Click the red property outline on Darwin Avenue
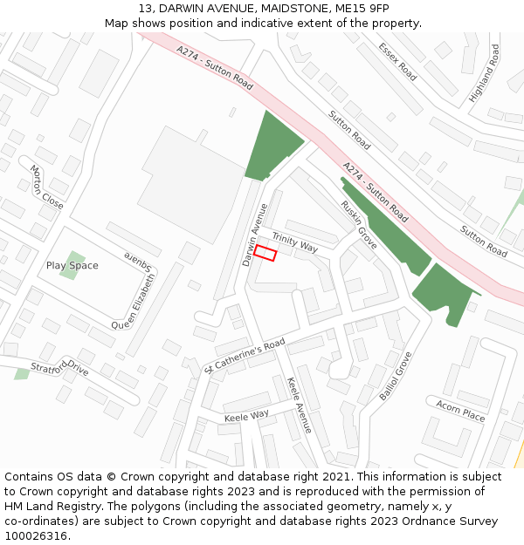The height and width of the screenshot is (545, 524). coord(265,254)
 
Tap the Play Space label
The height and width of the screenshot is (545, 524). coord(72,265)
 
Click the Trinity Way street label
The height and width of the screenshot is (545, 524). coord(294,242)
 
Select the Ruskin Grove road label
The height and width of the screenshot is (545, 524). coord(358,225)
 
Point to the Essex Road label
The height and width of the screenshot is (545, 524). coord(397,63)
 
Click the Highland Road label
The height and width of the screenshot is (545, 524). coord(485,73)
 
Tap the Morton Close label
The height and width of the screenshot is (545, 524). coord(46,187)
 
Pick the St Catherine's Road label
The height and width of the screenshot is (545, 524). coord(245,355)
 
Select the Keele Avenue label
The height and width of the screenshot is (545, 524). coord(299,405)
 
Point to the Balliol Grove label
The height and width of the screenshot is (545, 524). coord(395,376)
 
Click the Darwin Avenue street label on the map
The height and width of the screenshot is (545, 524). coord(255,235)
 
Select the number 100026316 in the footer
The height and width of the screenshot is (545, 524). coord(38,535)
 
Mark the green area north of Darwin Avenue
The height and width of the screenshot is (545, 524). coord(271,146)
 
